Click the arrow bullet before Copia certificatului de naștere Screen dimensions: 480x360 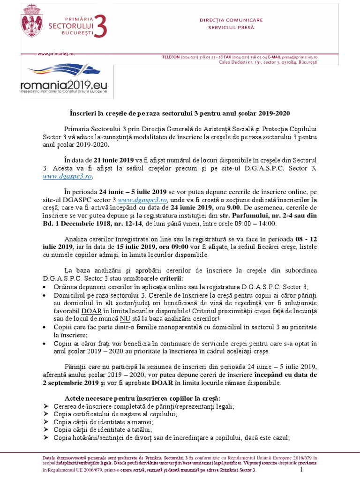(45, 414)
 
